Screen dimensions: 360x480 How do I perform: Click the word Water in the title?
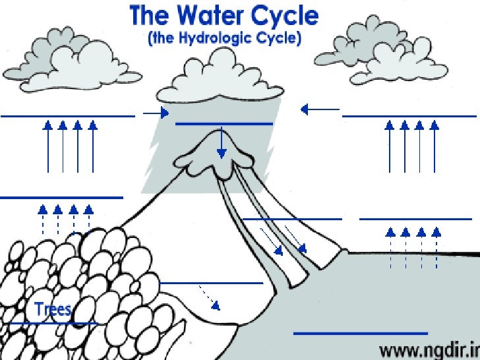click(214, 16)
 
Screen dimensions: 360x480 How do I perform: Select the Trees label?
click(53, 309)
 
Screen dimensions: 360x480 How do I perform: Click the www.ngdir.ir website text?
click(429, 347)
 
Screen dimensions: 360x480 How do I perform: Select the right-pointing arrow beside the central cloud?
click(156, 113)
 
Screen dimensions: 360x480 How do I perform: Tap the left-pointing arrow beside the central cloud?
click(320, 109)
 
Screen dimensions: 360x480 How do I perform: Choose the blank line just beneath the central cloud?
click(224, 123)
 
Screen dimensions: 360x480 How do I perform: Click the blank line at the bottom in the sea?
click(360, 333)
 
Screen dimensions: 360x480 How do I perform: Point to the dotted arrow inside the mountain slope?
click(209, 297)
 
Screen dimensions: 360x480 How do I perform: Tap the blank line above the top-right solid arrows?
click(409, 116)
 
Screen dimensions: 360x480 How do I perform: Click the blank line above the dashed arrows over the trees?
click(61, 197)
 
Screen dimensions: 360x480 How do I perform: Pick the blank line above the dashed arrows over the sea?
click(415, 218)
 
